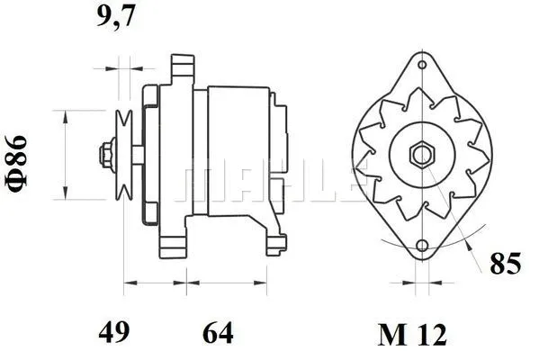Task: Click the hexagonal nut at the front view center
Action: coord(421,154)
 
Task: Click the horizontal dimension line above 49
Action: coord(152,283)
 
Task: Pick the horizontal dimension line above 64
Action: coord(225,283)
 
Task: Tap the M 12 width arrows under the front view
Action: coord(421,283)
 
